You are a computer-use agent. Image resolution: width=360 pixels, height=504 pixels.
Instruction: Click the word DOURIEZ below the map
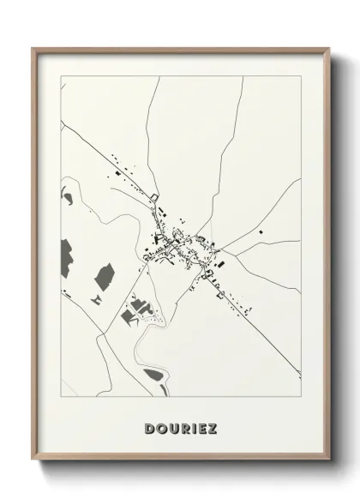pos(180,426)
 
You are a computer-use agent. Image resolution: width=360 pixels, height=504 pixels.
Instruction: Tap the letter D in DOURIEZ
pos(150,426)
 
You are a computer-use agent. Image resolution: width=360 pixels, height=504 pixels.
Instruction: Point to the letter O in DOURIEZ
pos(160,426)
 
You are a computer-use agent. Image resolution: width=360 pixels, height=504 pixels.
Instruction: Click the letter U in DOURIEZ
pos(171,426)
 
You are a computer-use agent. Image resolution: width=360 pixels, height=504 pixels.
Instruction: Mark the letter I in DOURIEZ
pos(190,426)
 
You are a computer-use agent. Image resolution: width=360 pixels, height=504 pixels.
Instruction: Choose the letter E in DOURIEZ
pos(200,426)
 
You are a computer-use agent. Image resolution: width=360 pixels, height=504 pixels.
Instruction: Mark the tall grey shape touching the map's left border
pos(65,255)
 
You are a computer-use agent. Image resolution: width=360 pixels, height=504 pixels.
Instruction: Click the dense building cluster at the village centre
pos(178,236)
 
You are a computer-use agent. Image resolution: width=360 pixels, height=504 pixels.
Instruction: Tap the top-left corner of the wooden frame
pos(33,49)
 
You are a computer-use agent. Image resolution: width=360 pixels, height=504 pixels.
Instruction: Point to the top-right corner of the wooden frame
pos(327,49)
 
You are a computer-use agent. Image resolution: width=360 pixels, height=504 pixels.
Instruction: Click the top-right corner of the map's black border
pos(301,76)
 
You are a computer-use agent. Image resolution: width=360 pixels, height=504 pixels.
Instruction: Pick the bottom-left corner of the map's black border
pos(60,400)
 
